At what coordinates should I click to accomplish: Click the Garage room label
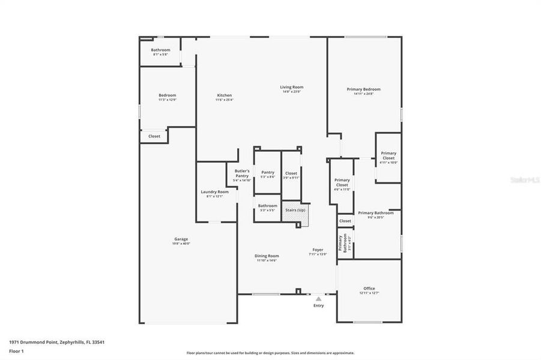[181, 239]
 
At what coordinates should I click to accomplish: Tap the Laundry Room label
[214, 192]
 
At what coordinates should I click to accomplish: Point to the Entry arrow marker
[318, 298]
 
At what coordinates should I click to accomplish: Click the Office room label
[369, 289]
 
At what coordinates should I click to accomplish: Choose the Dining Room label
[267, 256]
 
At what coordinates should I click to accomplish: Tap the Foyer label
[318, 250]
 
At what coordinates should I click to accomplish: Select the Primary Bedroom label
[363, 89]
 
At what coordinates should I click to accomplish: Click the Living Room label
[291, 87]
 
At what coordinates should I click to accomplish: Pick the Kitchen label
[224, 95]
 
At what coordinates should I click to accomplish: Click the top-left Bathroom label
[160, 50]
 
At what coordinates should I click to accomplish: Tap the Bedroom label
[168, 95]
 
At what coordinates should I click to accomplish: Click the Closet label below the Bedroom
[154, 136]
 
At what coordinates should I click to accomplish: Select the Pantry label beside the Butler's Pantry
[268, 172]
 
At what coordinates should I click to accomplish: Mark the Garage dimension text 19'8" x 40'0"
[181, 244]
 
